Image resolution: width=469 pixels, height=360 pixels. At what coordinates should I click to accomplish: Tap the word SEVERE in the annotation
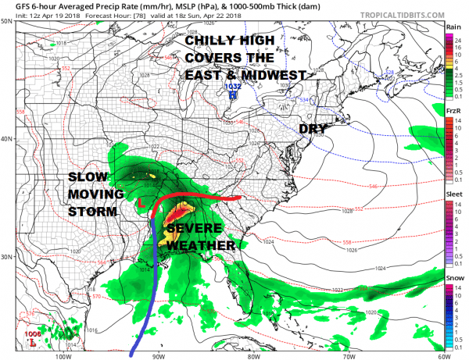pos(196,229)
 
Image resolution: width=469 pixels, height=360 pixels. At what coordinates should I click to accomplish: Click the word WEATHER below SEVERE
pos(200,245)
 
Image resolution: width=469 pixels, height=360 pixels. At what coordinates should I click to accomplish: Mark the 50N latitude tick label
pos(6,21)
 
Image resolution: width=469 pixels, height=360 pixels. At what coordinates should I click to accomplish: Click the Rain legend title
pos(453,27)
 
